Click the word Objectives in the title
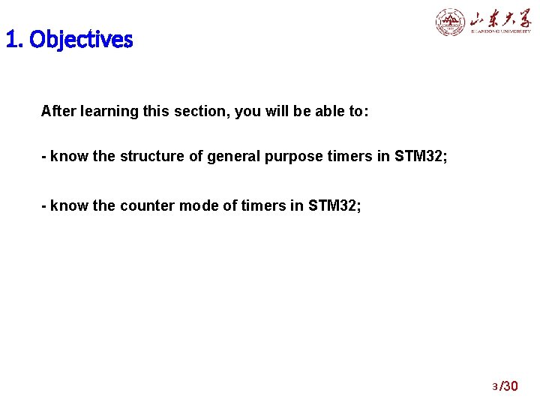[x=81, y=40]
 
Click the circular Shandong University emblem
[x=451, y=22]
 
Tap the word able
[x=309, y=112]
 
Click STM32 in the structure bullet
[x=421, y=157]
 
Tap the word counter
[x=146, y=205]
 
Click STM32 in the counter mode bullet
[x=334, y=205]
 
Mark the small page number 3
[x=494, y=387]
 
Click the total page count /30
[x=509, y=386]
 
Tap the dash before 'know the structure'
[x=44, y=157]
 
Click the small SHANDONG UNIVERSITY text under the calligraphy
[x=500, y=31]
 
